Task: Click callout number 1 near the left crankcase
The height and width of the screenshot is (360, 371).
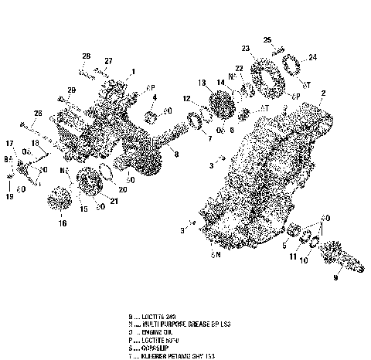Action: click(133, 71)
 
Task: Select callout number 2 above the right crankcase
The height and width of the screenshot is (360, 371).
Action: click(322, 93)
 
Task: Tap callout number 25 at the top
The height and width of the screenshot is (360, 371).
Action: click(267, 39)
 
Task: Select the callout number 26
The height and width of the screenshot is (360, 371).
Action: click(37, 114)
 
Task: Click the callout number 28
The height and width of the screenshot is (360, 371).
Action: click(87, 56)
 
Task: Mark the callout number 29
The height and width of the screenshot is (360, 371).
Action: click(71, 91)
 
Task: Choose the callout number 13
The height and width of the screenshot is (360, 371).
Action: click(201, 83)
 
